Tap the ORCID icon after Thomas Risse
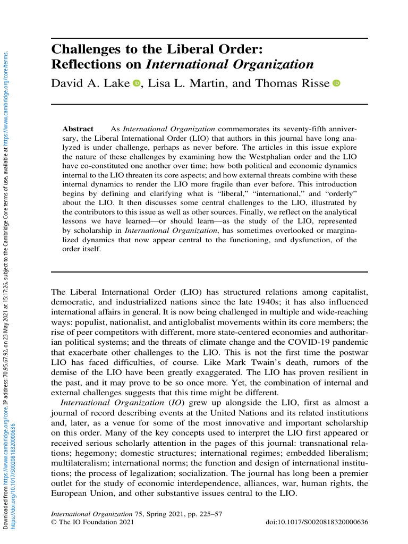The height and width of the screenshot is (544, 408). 336,83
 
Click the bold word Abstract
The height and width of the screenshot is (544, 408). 78,129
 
